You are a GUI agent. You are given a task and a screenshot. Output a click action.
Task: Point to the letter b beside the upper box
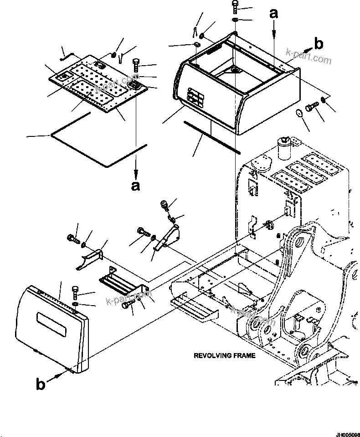point(319,44)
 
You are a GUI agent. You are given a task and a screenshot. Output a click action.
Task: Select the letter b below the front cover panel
point(41,385)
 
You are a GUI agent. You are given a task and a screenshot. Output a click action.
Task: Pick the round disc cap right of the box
point(299,113)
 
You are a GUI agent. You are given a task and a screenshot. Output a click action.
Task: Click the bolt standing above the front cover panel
point(76,291)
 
